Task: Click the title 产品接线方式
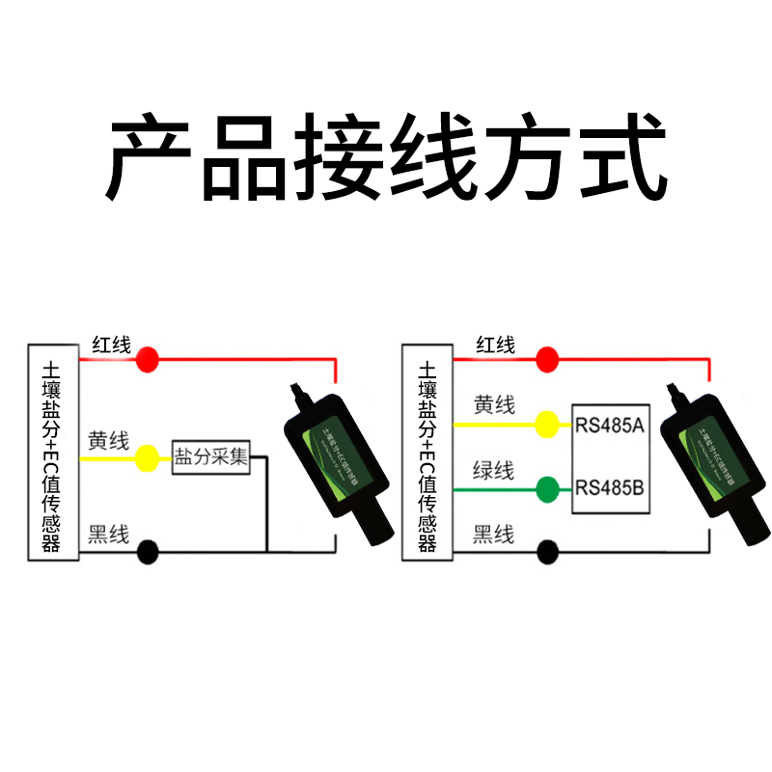tap(386, 156)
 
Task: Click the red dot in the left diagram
tap(147, 360)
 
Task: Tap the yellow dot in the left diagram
tap(147, 458)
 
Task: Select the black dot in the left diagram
tap(147, 551)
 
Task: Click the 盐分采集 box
tap(210, 456)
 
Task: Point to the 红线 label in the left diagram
tap(111, 345)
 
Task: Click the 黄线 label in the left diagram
tap(108, 441)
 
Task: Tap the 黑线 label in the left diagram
tap(108, 535)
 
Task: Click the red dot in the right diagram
tap(547, 360)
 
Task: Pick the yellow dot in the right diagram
tap(547, 423)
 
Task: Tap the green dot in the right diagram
tap(547, 489)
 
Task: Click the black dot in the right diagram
tap(547, 551)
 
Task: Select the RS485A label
tap(609, 425)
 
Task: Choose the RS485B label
tap(609, 487)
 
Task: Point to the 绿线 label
tap(493, 471)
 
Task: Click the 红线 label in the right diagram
tap(495, 345)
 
